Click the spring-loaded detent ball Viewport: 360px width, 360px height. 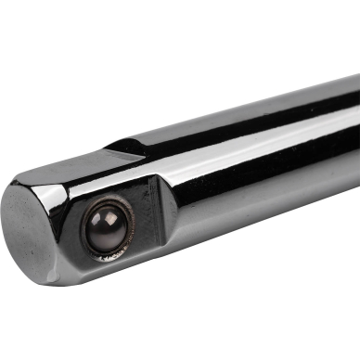108,228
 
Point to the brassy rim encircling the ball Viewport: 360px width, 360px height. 124,242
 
